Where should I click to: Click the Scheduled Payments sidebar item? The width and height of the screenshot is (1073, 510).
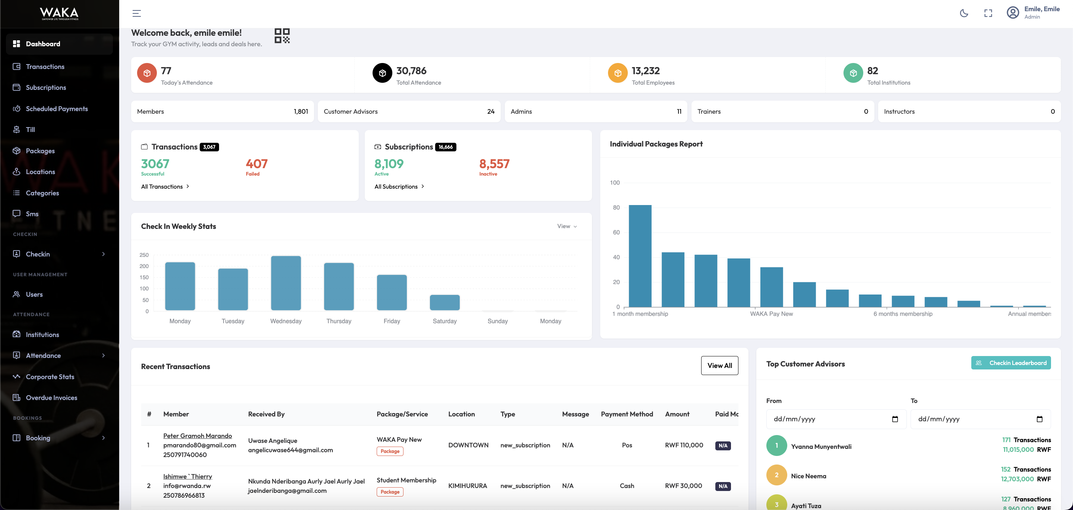(57, 109)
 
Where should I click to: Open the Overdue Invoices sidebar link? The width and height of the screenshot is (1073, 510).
(51, 397)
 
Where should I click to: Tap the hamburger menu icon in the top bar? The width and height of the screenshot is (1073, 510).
(137, 13)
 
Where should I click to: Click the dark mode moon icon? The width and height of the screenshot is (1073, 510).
(964, 13)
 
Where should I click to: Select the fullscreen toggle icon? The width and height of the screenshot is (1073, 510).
(988, 13)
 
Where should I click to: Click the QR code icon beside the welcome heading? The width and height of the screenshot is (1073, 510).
(282, 36)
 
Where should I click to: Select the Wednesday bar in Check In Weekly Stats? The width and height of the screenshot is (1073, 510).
(286, 283)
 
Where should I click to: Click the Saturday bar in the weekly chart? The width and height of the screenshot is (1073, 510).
(444, 302)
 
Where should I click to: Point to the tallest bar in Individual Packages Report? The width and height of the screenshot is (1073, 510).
(640, 256)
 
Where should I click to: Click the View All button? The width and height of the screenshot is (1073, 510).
(719, 365)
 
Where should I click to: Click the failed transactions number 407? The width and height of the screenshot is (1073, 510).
(257, 164)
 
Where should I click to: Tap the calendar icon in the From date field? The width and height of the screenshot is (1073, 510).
(895, 419)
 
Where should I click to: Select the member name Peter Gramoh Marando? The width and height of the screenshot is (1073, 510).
(197, 436)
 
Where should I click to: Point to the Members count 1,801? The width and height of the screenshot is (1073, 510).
(301, 112)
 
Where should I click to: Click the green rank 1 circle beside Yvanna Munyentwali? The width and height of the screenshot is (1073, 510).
(776, 446)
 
